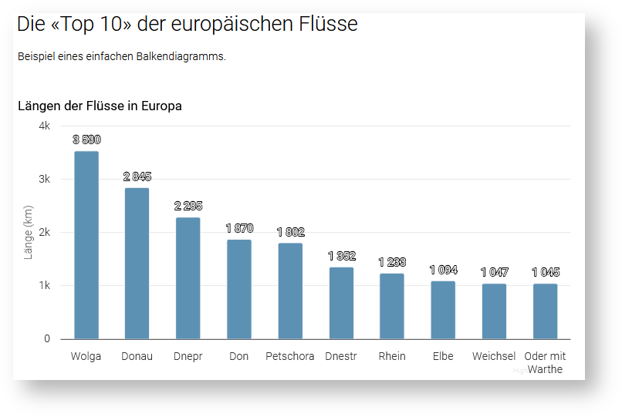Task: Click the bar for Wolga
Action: (86, 245)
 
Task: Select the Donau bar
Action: (137, 264)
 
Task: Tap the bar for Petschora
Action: (290, 291)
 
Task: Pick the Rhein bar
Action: (392, 306)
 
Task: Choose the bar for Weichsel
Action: (494, 311)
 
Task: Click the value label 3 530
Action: (86, 140)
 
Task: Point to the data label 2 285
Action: (188, 206)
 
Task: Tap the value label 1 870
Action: (239, 228)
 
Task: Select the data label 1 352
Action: (341, 256)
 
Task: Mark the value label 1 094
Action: (443, 270)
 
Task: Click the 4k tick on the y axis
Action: (44, 126)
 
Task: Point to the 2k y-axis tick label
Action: (44, 232)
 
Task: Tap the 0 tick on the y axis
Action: (47, 339)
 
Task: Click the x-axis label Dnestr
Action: (341, 356)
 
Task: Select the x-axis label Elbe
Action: (443, 356)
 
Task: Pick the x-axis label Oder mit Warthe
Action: (545, 362)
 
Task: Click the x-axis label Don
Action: (239, 356)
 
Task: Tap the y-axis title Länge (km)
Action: (29, 232)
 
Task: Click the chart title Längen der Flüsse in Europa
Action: (100, 106)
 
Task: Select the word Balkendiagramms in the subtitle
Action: (184, 56)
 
